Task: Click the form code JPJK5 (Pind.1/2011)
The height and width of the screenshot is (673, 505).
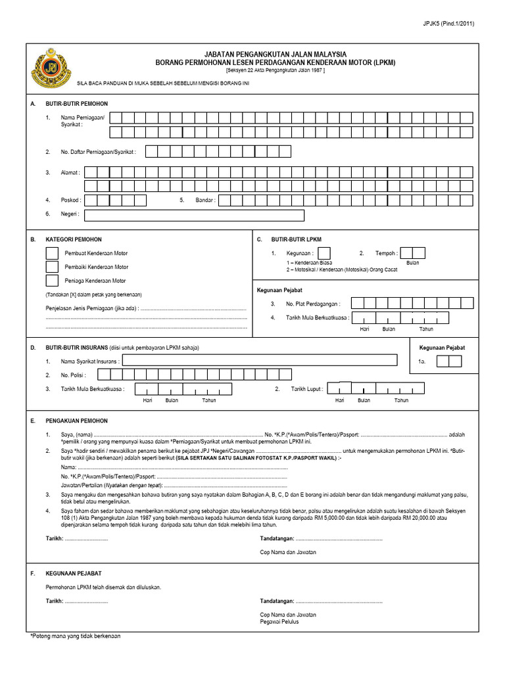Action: (449, 24)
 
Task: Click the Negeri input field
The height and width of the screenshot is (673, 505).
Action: (194, 215)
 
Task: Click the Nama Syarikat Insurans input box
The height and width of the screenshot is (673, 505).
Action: (260, 360)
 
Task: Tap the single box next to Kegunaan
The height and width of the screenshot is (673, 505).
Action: (324, 253)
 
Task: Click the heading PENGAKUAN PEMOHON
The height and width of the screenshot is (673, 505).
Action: (76, 420)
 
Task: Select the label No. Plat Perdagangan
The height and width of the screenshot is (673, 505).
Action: (313, 304)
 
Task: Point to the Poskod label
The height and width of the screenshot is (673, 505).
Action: (70, 200)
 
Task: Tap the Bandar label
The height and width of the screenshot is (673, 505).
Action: (205, 200)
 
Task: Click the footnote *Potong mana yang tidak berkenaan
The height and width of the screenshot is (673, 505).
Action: (76, 636)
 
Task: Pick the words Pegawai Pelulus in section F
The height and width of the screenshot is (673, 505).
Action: (279, 621)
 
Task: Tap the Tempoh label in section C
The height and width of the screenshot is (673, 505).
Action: (386, 253)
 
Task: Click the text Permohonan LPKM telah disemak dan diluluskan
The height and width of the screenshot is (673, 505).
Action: (103, 586)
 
